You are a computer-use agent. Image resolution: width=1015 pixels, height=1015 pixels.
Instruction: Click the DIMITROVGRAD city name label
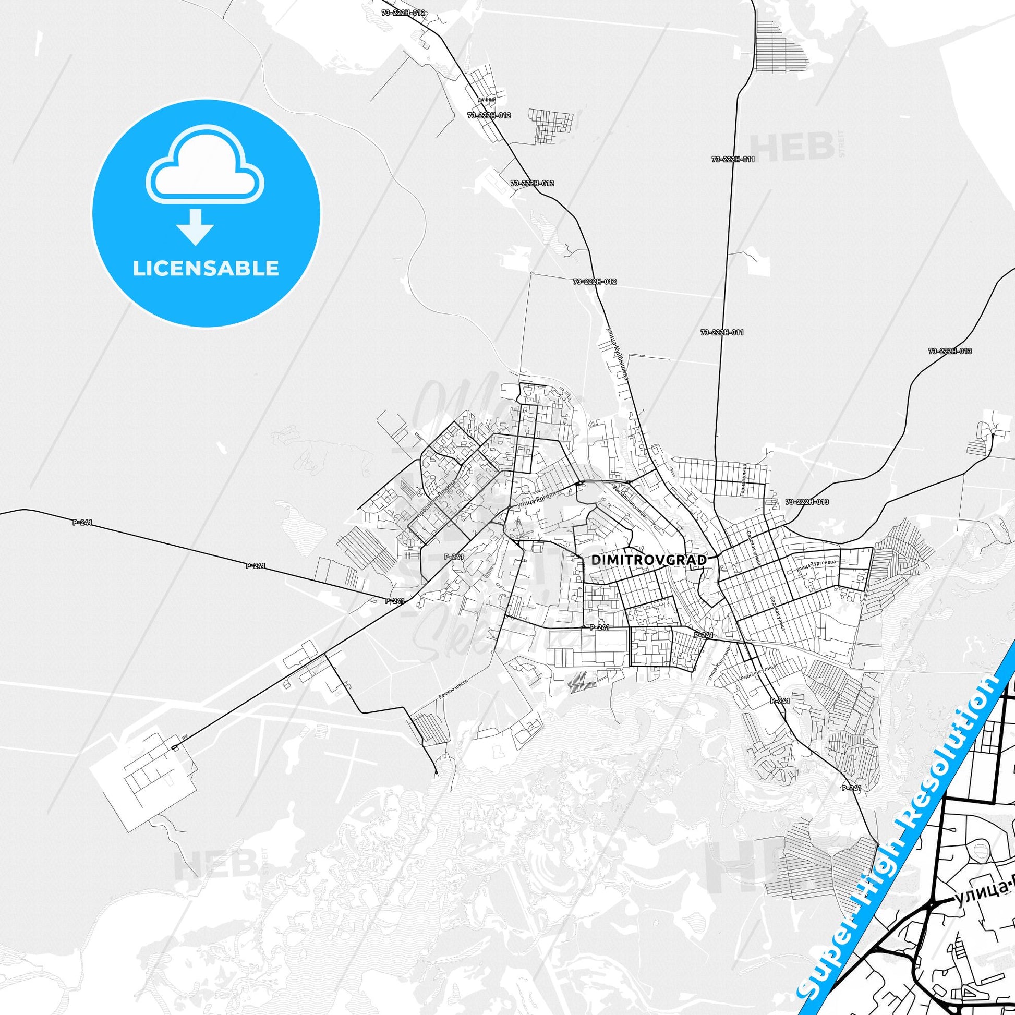pyautogui.click(x=649, y=560)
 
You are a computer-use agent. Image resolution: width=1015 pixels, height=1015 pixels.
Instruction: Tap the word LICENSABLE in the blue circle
pyautogui.click(x=206, y=268)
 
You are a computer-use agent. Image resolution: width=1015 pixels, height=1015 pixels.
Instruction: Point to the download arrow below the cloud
pyautogui.click(x=196, y=226)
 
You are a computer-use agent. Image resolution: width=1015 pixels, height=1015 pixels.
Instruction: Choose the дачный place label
pyautogui.click(x=487, y=99)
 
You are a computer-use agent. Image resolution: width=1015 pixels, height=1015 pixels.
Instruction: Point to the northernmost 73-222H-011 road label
pyautogui.click(x=733, y=159)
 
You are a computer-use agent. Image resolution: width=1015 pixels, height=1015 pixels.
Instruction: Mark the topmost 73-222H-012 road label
pyautogui.click(x=404, y=13)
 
